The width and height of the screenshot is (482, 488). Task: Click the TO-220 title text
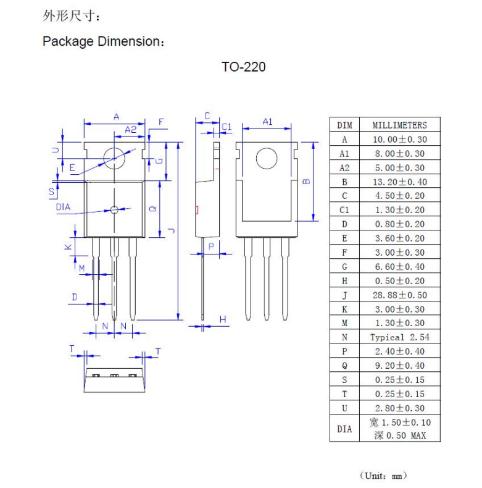244,67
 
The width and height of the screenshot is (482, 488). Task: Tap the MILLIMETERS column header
399,125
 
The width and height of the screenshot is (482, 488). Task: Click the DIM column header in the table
344,125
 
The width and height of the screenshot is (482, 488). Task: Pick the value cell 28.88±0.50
399,295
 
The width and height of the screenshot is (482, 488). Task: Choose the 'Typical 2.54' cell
399,337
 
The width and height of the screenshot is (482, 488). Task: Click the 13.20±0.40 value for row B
399,182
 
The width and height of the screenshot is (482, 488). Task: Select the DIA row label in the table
344,429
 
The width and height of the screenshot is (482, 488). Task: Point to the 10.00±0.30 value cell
399,140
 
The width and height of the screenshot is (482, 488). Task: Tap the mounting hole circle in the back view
267,159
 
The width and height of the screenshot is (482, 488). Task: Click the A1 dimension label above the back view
267,122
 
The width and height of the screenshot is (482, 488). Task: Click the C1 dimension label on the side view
226,127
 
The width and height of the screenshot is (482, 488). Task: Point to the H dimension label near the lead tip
223,319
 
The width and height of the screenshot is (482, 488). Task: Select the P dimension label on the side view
211,246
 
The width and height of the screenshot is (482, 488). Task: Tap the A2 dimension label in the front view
131,130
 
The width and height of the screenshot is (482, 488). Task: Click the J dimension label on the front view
172,230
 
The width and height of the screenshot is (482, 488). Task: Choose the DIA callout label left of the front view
63,207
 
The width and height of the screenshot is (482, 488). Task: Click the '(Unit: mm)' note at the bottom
383,476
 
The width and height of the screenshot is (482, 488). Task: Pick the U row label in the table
344,408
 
